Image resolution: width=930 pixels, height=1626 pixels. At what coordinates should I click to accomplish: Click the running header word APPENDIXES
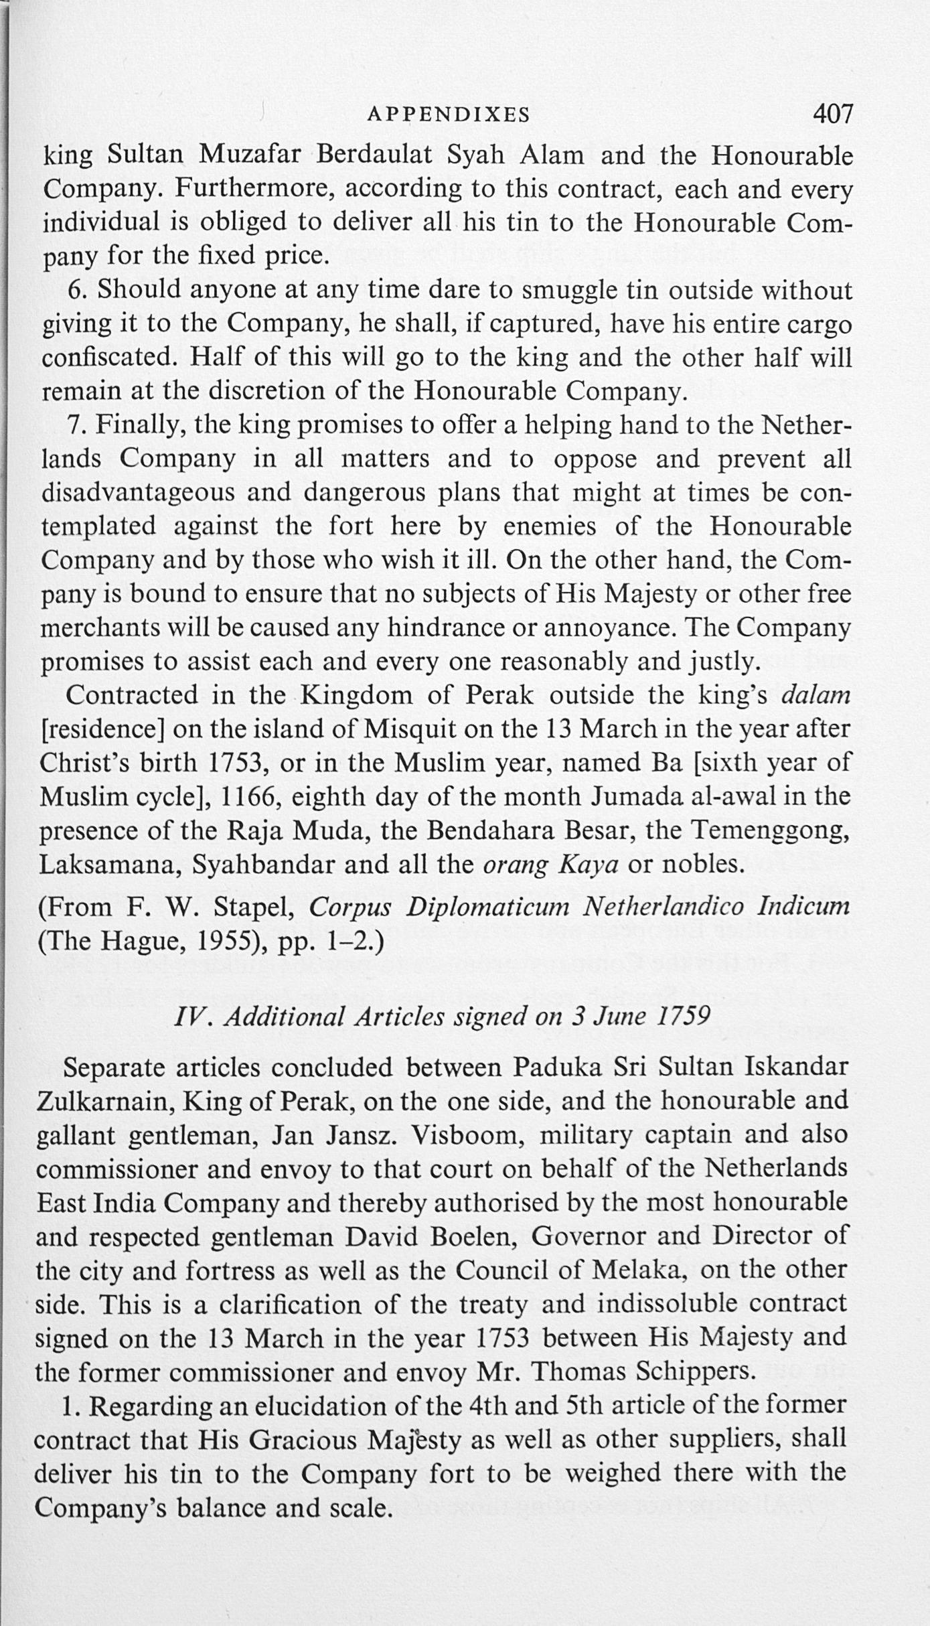tap(449, 115)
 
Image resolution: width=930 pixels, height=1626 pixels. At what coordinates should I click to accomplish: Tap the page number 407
tap(833, 114)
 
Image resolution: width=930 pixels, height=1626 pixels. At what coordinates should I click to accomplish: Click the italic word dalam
tap(816, 695)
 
